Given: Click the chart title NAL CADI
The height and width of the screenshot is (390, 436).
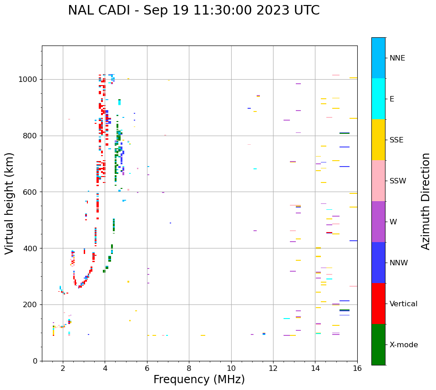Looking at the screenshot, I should tap(193, 10).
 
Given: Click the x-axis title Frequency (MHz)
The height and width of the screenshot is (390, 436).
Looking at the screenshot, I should tap(199, 380).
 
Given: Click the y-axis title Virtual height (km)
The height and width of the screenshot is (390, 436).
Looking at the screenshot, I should tap(10, 203).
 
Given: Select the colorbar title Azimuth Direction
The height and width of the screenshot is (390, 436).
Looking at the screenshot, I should tap(426, 201).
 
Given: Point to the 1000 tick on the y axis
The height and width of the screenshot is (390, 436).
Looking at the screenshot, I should tap(30, 79).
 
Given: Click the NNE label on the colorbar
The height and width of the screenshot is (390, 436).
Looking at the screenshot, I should tap(397, 58).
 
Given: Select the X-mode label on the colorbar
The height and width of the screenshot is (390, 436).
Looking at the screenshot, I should tap(404, 345).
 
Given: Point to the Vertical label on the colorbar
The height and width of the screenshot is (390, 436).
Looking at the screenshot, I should tap(403, 304).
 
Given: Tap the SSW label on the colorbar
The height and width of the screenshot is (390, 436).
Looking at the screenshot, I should tap(398, 181).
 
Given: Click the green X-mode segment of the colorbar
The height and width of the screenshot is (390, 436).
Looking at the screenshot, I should tap(378, 344).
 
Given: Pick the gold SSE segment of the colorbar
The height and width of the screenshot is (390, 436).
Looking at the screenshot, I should tap(378, 140).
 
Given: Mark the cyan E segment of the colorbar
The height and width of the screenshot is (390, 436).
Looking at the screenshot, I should tap(378, 99).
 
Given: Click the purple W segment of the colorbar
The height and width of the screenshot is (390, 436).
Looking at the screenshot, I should tap(378, 222).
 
